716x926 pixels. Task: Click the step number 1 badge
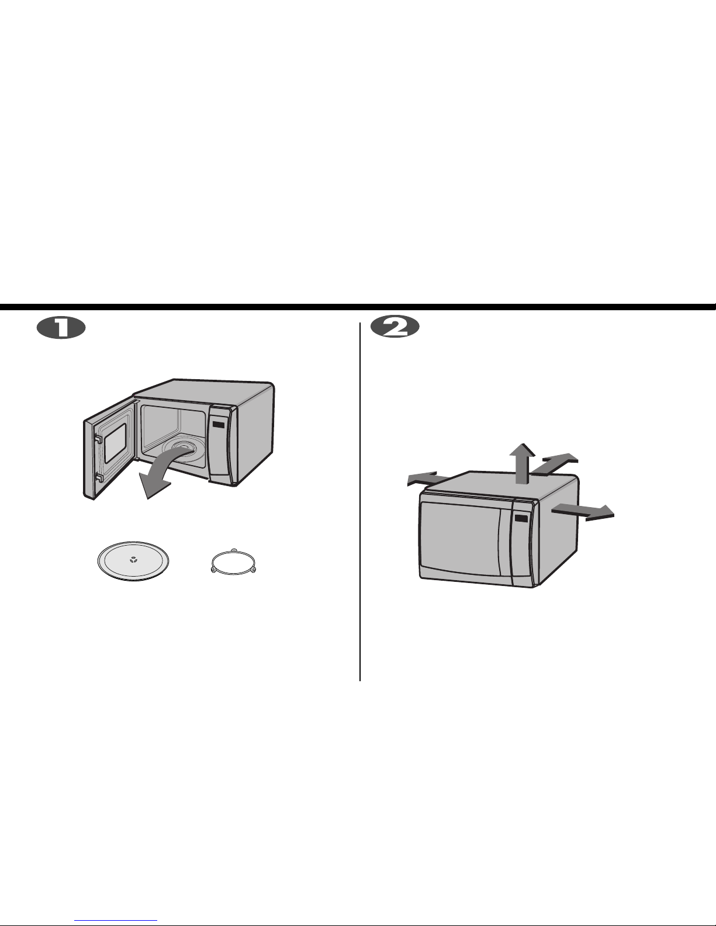click(61, 328)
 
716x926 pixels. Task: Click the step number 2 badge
click(395, 327)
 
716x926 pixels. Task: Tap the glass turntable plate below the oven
click(133, 561)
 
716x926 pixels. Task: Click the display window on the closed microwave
click(521, 518)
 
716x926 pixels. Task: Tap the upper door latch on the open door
click(98, 439)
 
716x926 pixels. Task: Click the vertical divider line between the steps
click(360, 502)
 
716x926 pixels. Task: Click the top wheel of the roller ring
click(233, 550)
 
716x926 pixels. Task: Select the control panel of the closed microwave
click(523, 543)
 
